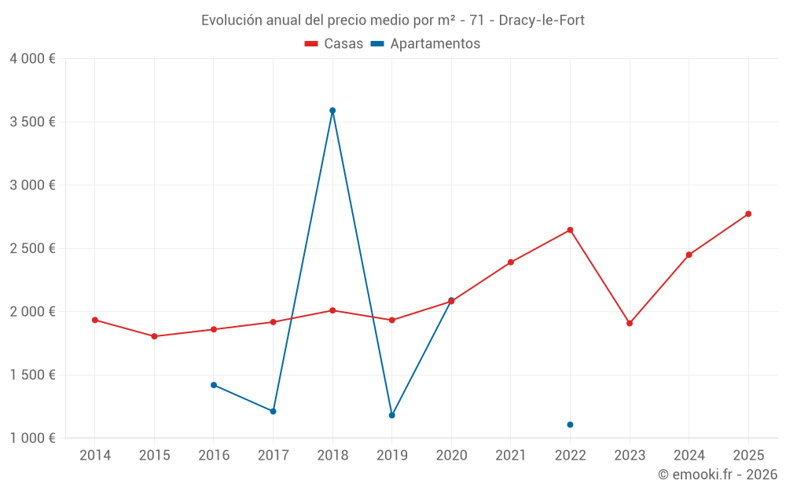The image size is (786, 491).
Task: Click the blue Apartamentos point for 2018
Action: click(332, 111)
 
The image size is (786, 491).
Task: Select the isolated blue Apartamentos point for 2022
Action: click(570, 425)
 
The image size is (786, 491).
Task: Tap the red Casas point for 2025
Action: click(748, 214)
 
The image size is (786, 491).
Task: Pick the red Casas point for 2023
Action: click(630, 323)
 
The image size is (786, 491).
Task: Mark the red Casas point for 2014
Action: click(95, 320)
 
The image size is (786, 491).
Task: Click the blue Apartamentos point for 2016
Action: click(214, 385)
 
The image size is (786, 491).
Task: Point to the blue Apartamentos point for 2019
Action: click(392, 415)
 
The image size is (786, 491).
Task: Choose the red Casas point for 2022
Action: click(570, 230)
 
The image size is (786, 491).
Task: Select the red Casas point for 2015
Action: click(154, 336)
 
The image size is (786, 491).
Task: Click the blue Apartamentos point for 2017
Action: click(273, 411)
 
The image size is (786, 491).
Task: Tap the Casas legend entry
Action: click(334, 44)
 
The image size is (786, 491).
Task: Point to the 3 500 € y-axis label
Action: click(32, 122)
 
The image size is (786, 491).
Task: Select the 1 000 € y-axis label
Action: click(32, 438)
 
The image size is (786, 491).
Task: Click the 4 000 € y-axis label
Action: click(32, 59)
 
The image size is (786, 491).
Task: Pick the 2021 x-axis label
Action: click(511, 456)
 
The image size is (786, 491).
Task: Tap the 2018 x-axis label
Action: click(332, 456)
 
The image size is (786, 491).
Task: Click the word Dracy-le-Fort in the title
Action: click(542, 20)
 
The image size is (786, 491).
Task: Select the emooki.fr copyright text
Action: click(718, 475)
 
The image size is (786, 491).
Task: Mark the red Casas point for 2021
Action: click(511, 262)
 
